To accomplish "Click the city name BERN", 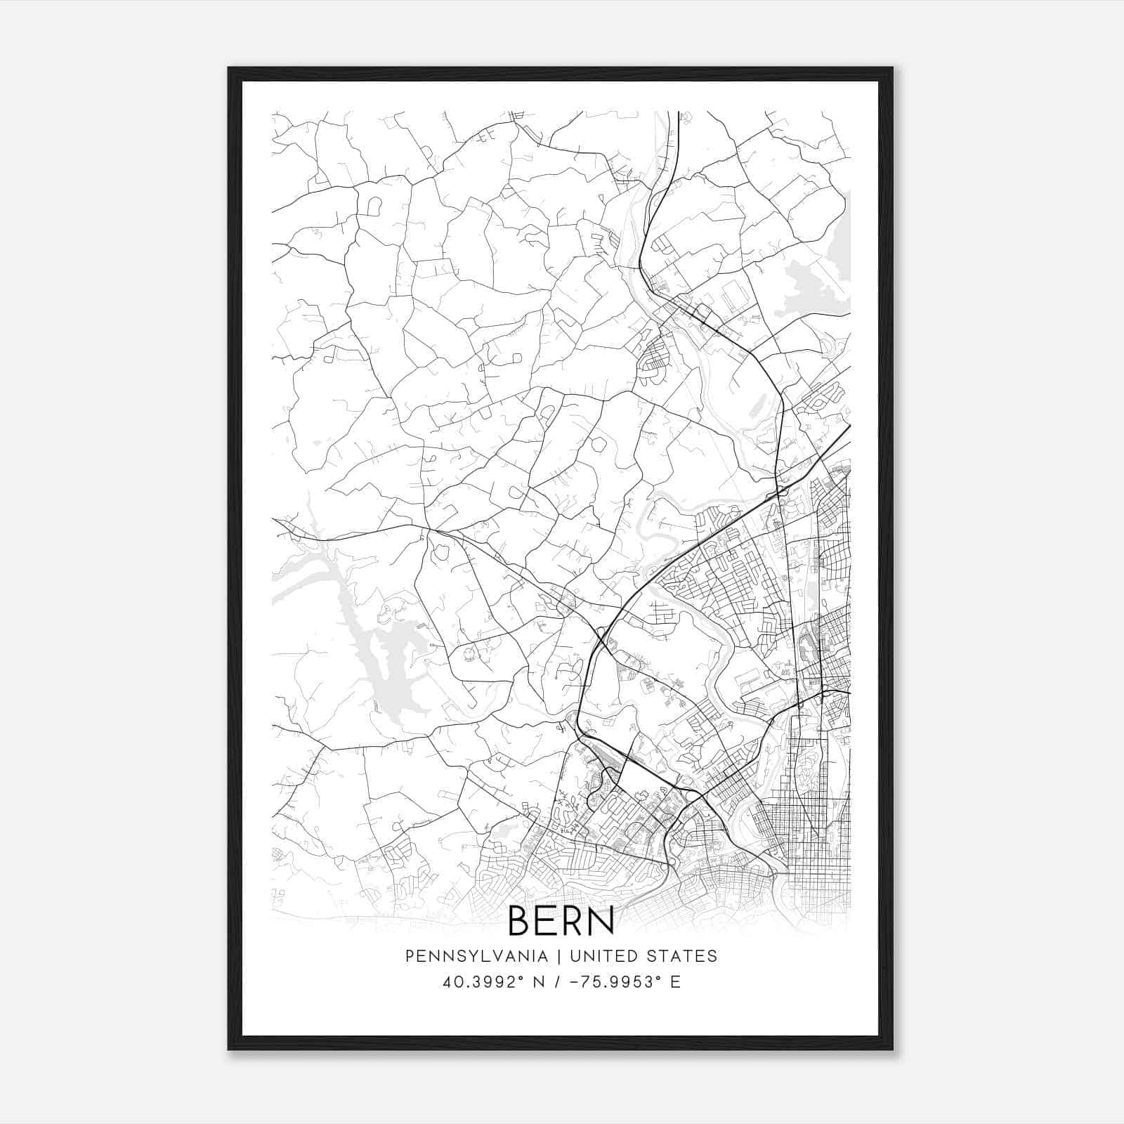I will pos(561,920).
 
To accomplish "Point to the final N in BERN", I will pos(602,920).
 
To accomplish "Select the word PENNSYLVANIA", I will pos(476,956).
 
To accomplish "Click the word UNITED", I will pos(603,956).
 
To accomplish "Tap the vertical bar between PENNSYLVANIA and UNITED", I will pos(559,956).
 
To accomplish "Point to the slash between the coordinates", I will pos(556,982).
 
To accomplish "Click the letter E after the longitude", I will pos(676,982).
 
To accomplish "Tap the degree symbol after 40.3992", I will pos(522,978).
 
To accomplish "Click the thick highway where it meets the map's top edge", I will pos(678,112).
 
